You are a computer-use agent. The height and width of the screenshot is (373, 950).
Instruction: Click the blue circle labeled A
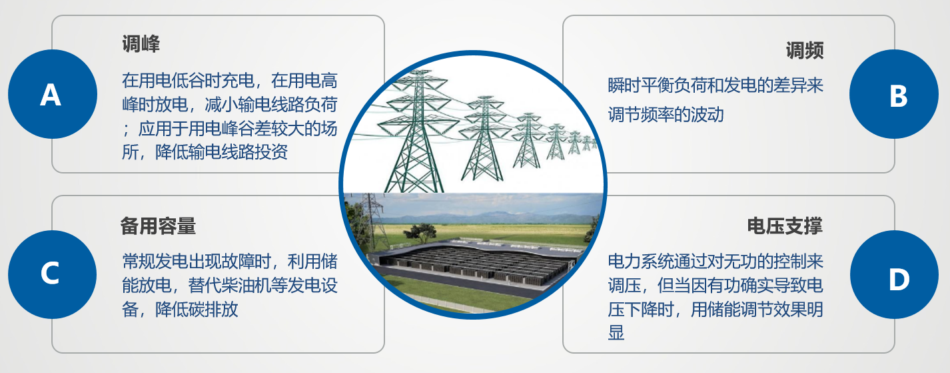pos(53,94)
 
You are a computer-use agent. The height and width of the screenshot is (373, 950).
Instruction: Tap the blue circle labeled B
pos(894,94)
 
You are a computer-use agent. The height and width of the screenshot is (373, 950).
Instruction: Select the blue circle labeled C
pos(52,274)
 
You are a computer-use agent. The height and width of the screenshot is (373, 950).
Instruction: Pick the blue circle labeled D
pos(895,274)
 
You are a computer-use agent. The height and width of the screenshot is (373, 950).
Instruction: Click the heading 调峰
pos(141,44)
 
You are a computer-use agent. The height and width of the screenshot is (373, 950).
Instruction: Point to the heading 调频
pos(805,51)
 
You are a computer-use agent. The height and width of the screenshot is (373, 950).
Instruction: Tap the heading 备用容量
pos(158,226)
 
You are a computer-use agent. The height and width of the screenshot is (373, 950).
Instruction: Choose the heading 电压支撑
pos(785,226)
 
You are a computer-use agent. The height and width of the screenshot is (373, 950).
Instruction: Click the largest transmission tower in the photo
pos(416,131)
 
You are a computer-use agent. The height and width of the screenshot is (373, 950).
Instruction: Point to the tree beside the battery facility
pos(420,232)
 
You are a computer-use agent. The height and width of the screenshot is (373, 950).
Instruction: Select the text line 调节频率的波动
pos(666,115)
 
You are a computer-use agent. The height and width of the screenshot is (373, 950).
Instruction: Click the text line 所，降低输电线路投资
pos(205,151)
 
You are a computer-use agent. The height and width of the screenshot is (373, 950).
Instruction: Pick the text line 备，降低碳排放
pos(180,309)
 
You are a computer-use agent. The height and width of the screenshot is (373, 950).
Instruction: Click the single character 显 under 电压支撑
pos(616,333)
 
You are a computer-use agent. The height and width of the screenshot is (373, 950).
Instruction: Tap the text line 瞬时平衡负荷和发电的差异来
pos(715,85)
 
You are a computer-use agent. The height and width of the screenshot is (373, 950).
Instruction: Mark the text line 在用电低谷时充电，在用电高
pos(229,80)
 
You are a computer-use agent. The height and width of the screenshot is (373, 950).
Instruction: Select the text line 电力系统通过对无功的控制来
pos(715,262)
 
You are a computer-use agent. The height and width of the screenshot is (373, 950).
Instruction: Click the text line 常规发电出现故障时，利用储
pos(229,262)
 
